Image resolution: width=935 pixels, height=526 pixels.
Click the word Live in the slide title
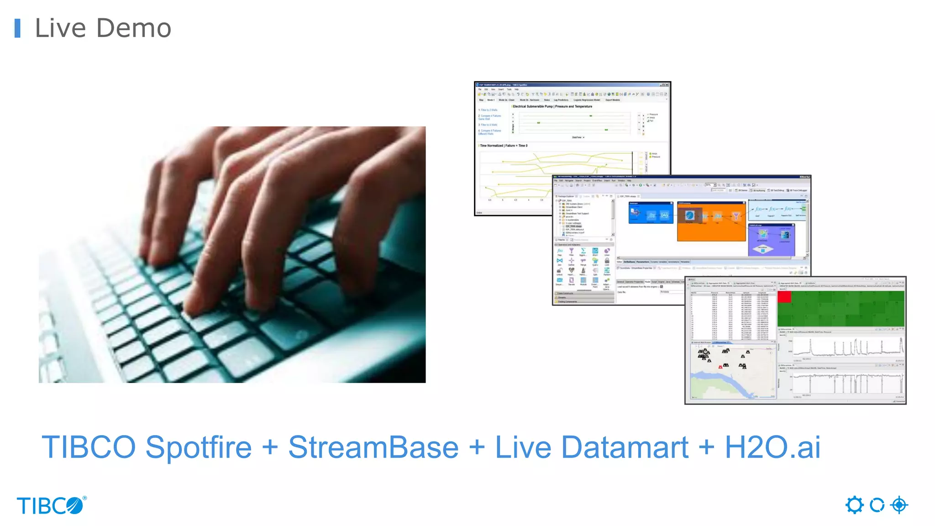(x=60, y=28)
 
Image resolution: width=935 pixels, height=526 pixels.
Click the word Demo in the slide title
(x=134, y=28)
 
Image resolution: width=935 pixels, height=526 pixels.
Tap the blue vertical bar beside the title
(x=17, y=28)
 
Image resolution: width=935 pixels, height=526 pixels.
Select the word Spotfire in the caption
(x=199, y=447)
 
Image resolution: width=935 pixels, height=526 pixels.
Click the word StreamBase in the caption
(x=373, y=447)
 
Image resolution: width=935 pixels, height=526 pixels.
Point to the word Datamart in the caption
(x=625, y=447)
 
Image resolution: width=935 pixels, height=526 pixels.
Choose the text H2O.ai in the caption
(x=772, y=447)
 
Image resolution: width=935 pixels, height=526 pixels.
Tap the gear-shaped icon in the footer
(x=854, y=505)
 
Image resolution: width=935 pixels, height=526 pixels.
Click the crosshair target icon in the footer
(x=899, y=505)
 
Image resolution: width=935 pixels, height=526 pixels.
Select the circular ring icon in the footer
(x=877, y=505)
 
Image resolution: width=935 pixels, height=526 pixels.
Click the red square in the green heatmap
(x=784, y=297)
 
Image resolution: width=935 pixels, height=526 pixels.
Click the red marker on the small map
(x=720, y=367)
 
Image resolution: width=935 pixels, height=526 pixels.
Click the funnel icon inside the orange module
(x=735, y=216)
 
